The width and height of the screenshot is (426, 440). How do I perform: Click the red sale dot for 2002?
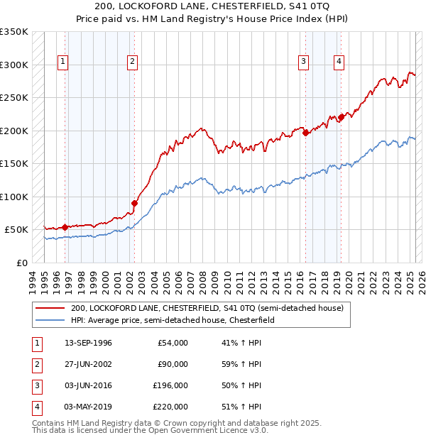134,203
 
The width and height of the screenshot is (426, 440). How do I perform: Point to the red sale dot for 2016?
305,132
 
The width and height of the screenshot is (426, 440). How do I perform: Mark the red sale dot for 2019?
342,116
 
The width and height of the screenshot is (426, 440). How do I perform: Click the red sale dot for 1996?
65,227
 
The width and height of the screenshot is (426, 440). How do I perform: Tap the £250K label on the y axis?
14,98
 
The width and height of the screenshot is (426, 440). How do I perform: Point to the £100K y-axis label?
14,197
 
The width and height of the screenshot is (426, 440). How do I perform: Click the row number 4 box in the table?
35,407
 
